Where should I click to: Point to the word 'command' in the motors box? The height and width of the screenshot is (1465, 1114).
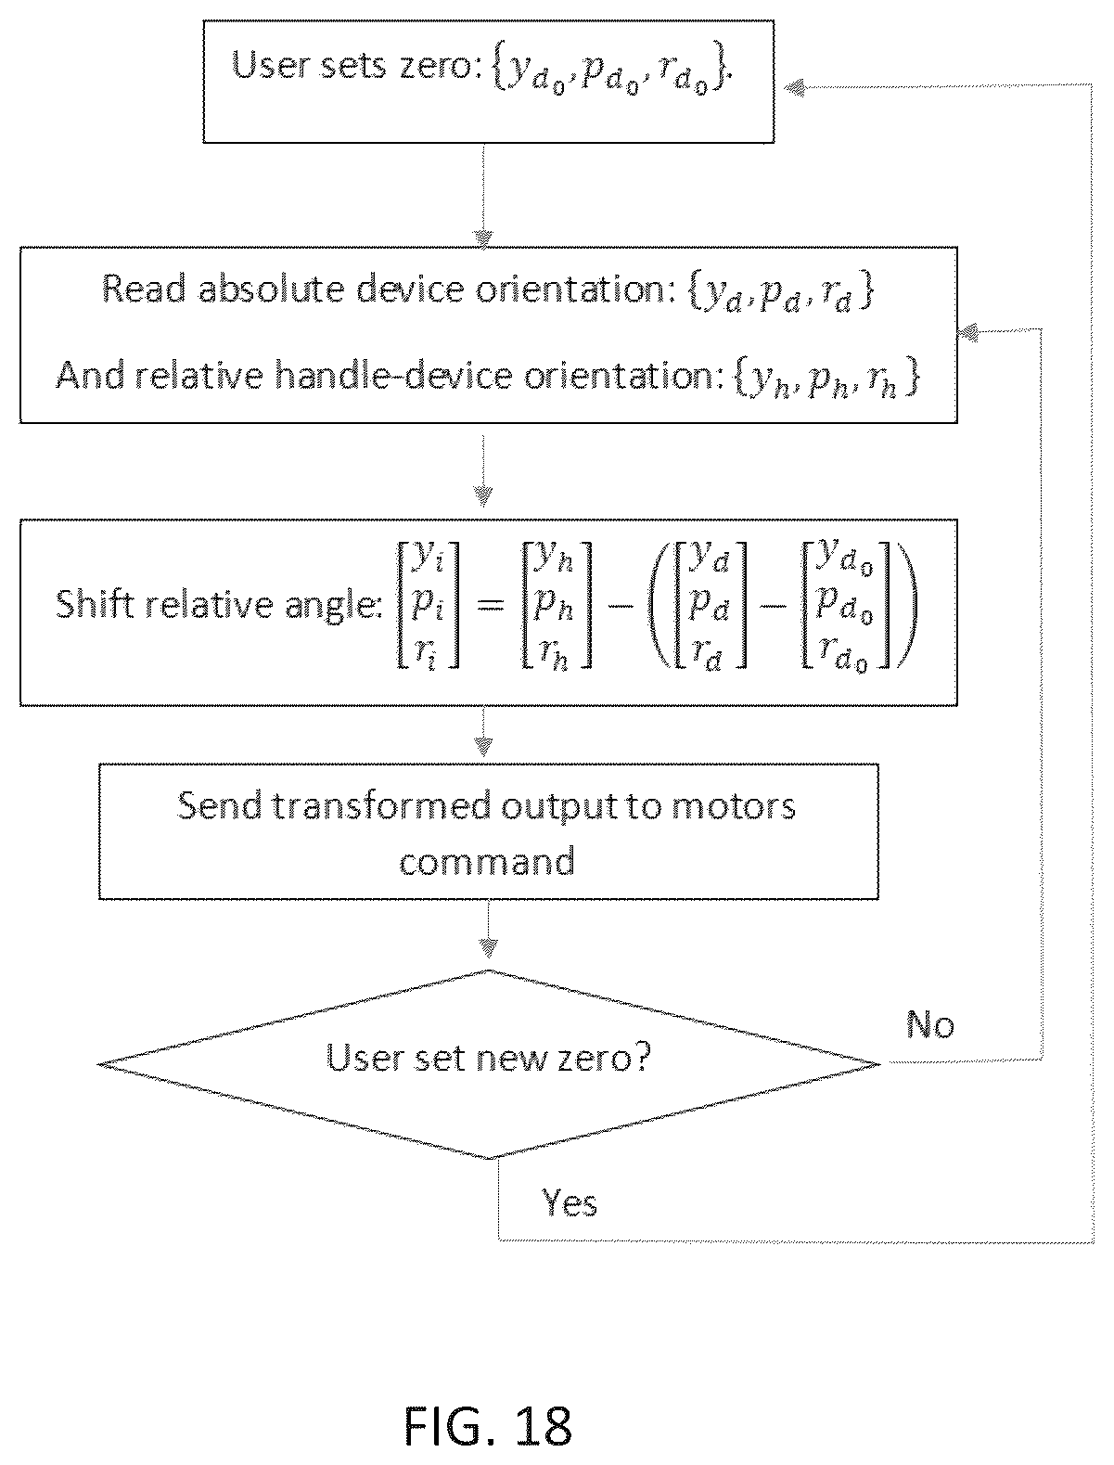pos(487,861)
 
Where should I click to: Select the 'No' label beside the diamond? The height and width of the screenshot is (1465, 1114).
pos(930,1024)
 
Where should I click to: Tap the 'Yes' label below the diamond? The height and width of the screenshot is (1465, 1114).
pos(569,1221)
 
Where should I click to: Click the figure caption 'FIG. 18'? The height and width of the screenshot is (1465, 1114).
pos(488,1426)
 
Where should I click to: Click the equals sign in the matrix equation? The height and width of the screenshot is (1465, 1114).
pos(491,607)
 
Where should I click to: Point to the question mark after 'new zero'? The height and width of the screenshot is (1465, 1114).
pos(640,1057)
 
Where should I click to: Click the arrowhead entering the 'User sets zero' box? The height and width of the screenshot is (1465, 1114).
pos(794,87)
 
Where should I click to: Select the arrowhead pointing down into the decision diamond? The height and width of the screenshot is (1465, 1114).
pos(488,948)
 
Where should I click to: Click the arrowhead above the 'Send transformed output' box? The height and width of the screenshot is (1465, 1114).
pos(482,746)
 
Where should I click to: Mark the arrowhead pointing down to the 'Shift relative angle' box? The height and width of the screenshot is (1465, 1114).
pos(482,495)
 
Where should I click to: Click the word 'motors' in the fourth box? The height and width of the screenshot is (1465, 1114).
pos(733,805)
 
